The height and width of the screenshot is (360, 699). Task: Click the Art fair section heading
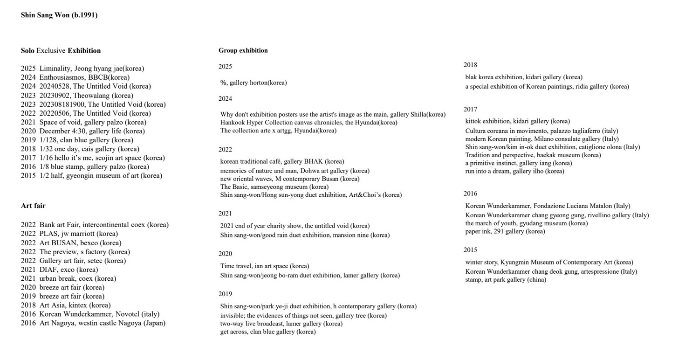(33, 206)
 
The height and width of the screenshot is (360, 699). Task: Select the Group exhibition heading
(243, 50)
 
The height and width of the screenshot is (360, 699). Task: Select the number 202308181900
(61, 104)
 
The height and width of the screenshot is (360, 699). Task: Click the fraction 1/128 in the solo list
(49, 140)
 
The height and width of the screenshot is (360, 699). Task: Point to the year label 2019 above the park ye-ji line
(225, 294)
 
